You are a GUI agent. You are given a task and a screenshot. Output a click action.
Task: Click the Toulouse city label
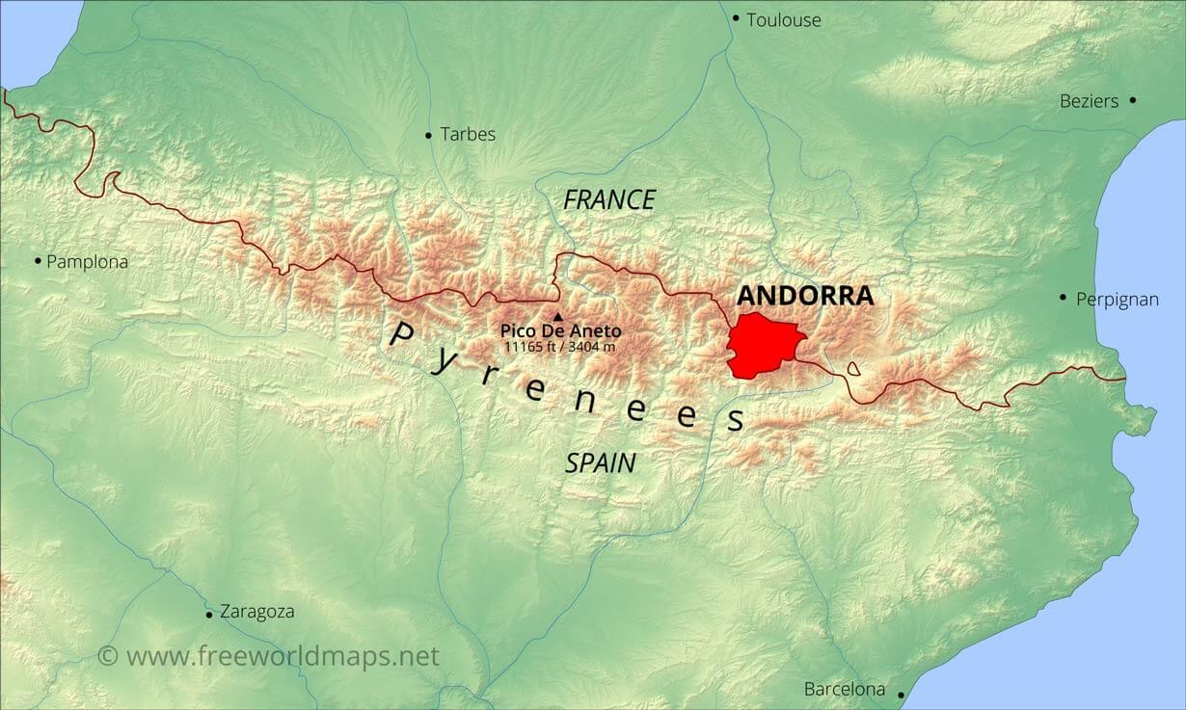coord(783,19)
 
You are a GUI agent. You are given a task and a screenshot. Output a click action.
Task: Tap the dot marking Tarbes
coord(428,135)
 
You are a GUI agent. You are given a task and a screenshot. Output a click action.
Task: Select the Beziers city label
coord(1089,101)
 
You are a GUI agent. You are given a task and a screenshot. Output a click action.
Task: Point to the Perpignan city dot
coord(1063,298)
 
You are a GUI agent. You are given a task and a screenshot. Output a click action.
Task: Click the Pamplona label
coord(87,261)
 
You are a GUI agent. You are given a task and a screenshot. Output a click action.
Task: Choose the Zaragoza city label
coord(256,612)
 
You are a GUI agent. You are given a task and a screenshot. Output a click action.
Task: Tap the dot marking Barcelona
coord(901,694)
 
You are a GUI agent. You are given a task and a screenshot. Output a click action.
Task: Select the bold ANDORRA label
coord(805,296)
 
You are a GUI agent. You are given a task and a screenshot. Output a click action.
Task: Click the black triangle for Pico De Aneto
coord(557,316)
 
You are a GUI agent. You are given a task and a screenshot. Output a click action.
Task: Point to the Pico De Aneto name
coord(560,331)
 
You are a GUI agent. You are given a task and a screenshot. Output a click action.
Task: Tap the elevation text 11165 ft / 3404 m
coord(560,346)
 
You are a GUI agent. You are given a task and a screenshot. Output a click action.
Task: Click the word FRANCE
coord(609,200)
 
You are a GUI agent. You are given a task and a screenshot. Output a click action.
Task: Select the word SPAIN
coord(600,462)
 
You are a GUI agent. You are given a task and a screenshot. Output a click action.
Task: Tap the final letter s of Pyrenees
coord(736,421)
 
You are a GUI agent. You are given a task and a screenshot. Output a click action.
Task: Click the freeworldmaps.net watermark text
coord(282,656)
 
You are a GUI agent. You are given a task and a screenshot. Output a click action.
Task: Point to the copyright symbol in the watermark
coord(108,656)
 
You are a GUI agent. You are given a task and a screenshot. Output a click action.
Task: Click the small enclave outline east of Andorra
coord(853,368)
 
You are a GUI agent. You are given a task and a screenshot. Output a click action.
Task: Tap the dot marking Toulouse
coord(736,18)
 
